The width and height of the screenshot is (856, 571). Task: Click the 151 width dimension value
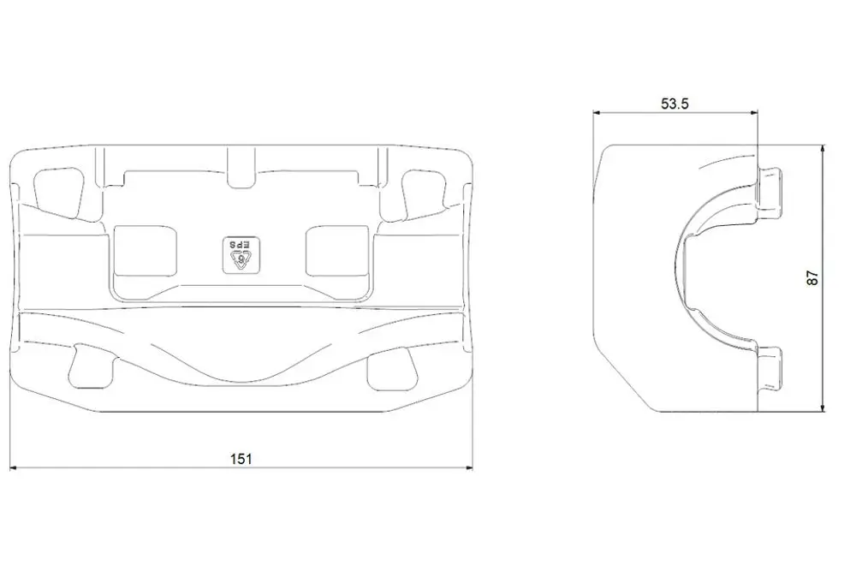point(241,459)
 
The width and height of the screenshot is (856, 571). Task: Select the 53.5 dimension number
point(675,104)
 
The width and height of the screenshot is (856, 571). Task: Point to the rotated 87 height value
point(813,278)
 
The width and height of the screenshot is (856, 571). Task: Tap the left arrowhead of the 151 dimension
point(15,467)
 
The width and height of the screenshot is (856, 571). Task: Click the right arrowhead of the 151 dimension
point(468,467)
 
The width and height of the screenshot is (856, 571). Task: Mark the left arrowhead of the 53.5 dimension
point(597,113)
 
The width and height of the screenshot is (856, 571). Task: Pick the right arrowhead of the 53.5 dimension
point(754,113)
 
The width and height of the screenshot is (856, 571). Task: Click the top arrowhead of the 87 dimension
point(823,149)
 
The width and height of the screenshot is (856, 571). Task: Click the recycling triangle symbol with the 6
point(241,260)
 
